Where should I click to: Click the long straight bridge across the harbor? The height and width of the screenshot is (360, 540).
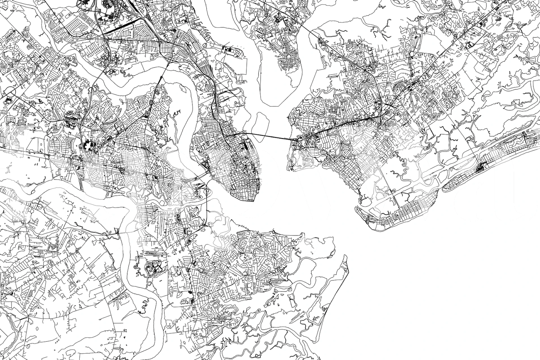pyautogui.click(x=270, y=136)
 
